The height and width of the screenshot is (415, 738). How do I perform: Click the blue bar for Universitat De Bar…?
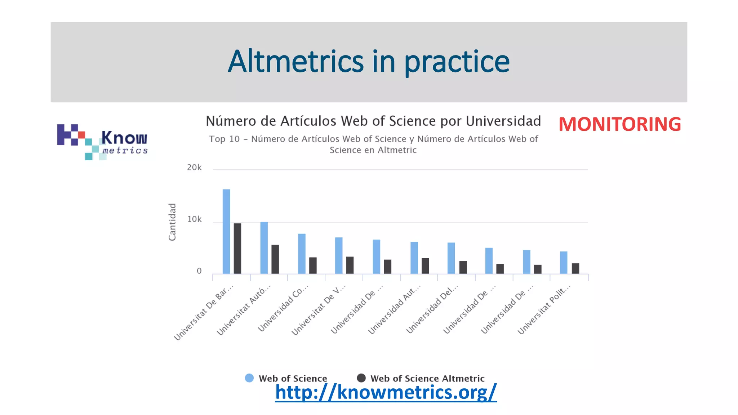[226, 231]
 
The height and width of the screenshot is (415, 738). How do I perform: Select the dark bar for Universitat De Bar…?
[237, 249]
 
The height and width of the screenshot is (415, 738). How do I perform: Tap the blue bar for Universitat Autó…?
[264, 248]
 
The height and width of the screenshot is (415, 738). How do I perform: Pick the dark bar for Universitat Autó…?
[275, 259]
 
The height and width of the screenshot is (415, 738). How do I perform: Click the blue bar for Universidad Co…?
[302, 254]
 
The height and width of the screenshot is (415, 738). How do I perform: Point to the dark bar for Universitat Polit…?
[575, 268]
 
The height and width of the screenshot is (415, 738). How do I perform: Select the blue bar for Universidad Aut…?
[414, 258]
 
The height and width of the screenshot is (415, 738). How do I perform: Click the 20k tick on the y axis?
[194, 168]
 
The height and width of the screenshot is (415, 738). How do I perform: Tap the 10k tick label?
[194, 219]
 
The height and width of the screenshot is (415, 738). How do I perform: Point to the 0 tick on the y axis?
[199, 271]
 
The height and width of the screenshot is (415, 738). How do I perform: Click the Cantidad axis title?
[172, 222]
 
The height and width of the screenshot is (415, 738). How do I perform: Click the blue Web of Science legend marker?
[249, 378]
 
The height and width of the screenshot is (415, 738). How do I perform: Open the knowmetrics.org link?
[386, 392]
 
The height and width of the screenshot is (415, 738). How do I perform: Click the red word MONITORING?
[619, 124]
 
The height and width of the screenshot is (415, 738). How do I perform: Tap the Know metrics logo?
[103, 142]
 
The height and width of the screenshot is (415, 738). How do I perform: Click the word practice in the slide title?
[457, 62]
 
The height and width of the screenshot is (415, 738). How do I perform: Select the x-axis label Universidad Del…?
[432, 309]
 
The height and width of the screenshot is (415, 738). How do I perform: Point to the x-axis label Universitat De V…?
[319, 310]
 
